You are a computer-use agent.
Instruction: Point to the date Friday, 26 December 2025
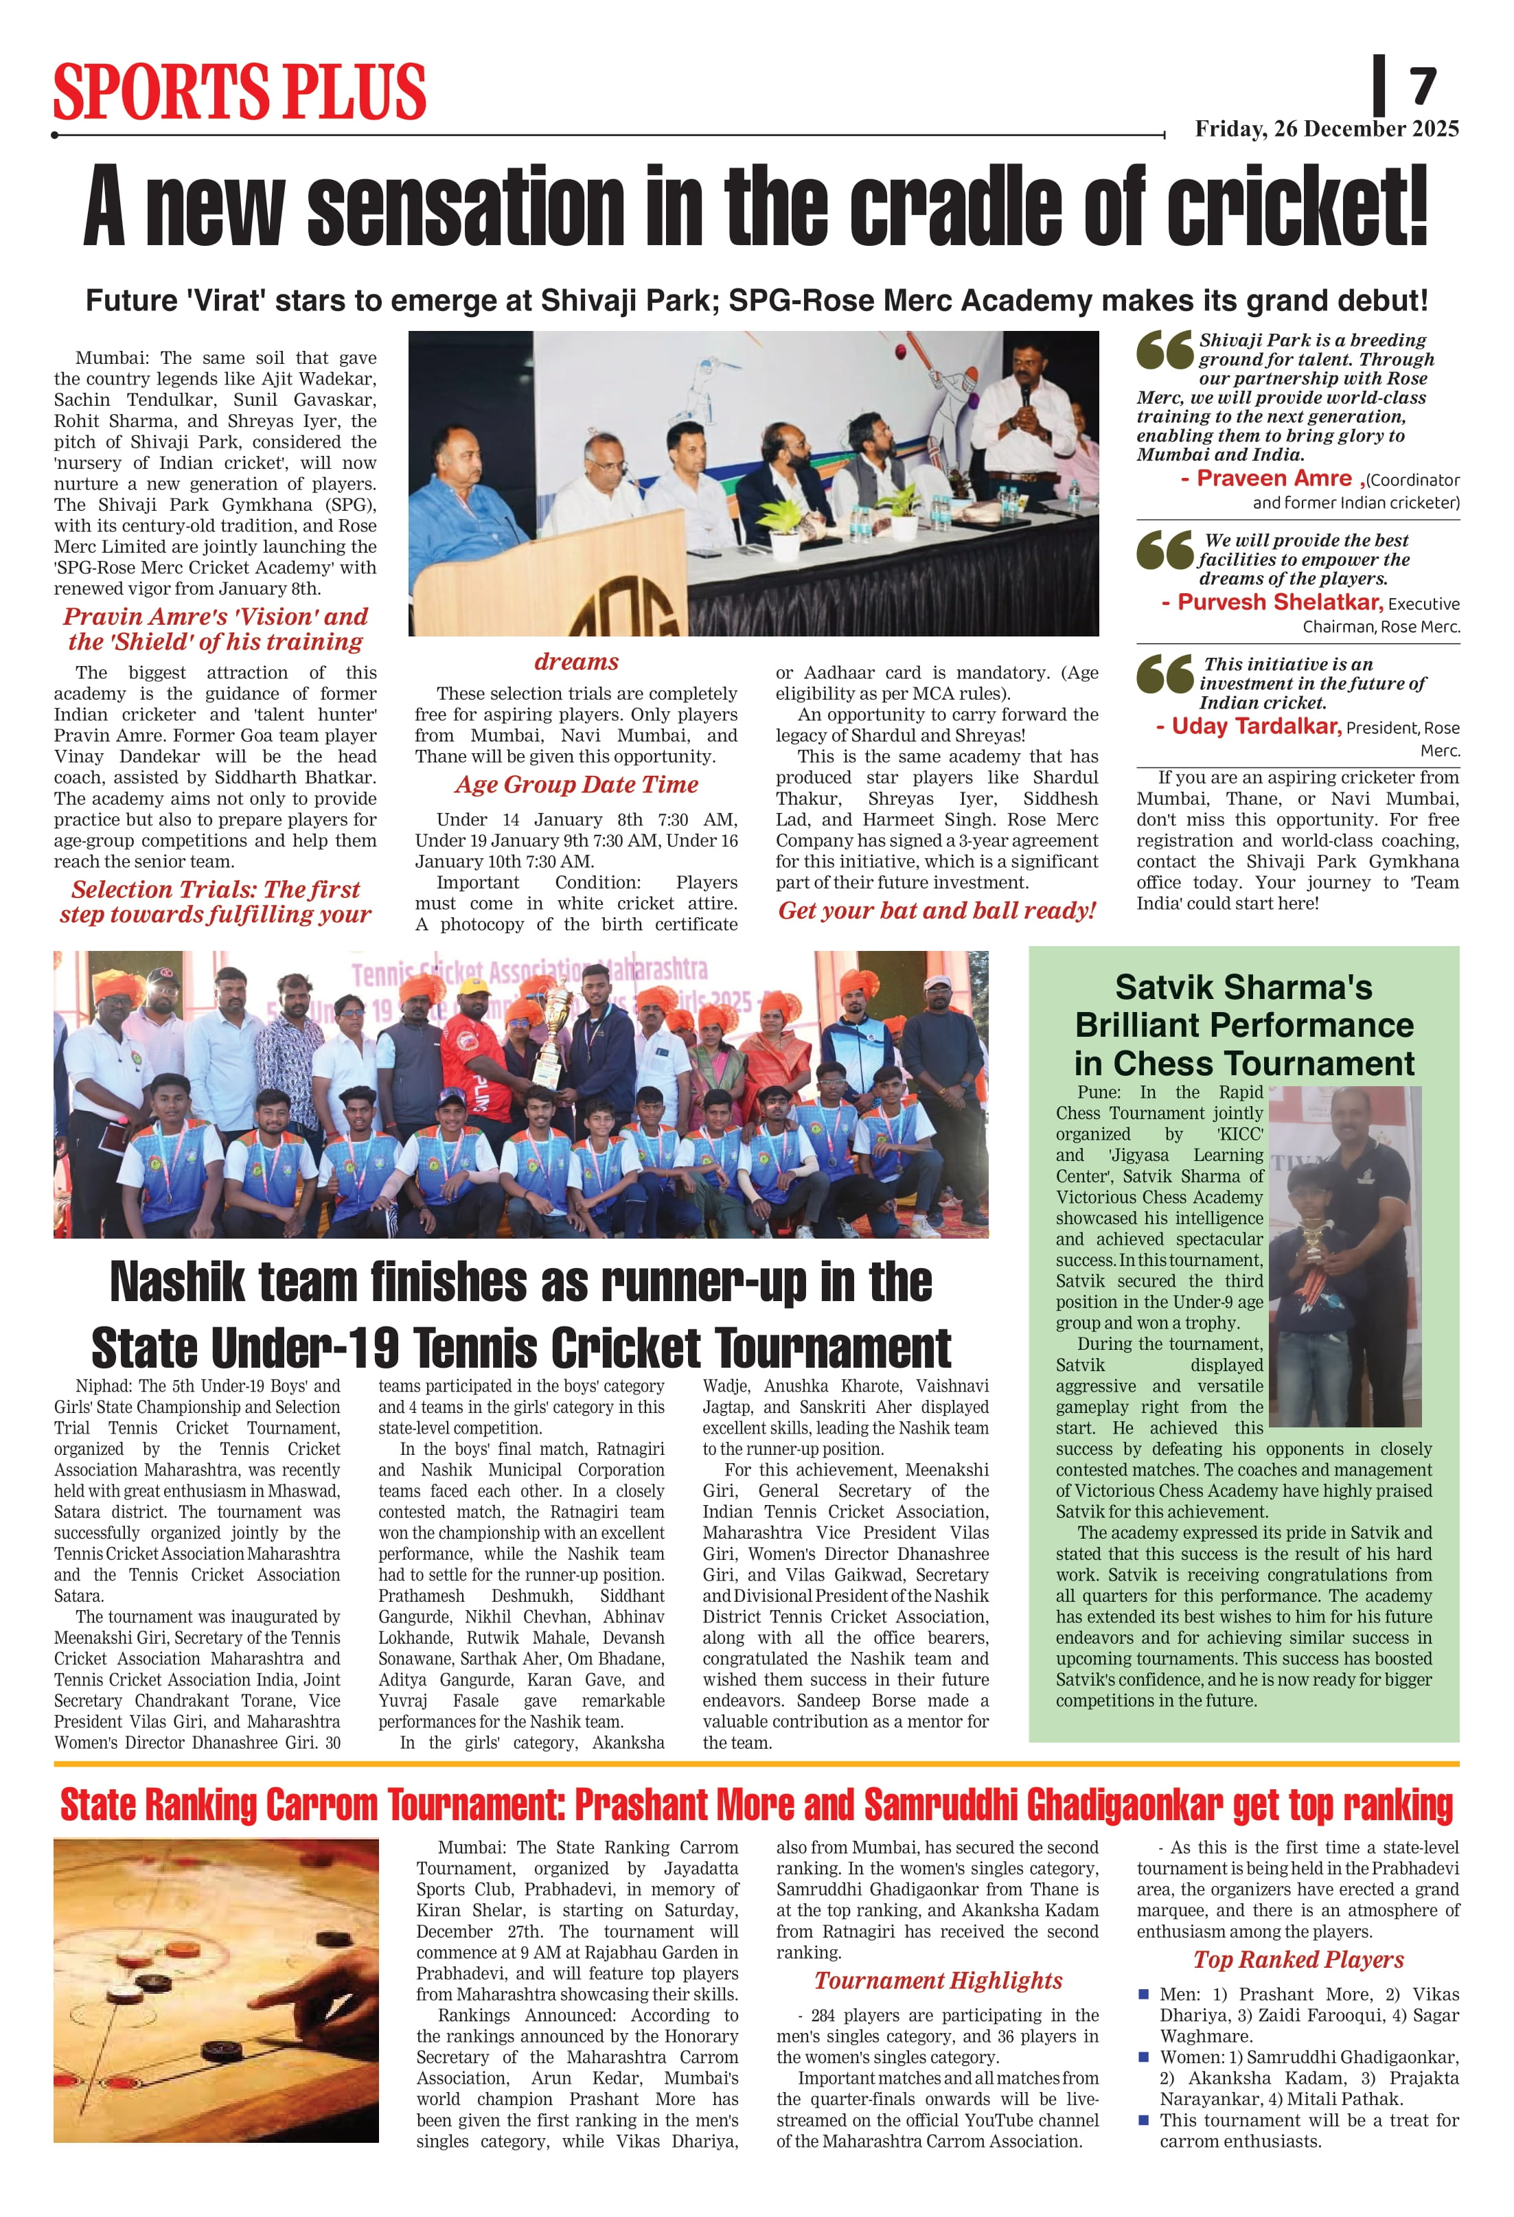point(1326,129)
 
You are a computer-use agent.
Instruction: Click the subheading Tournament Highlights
point(938,1981)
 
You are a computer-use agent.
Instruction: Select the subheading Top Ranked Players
point(1298,1960)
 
